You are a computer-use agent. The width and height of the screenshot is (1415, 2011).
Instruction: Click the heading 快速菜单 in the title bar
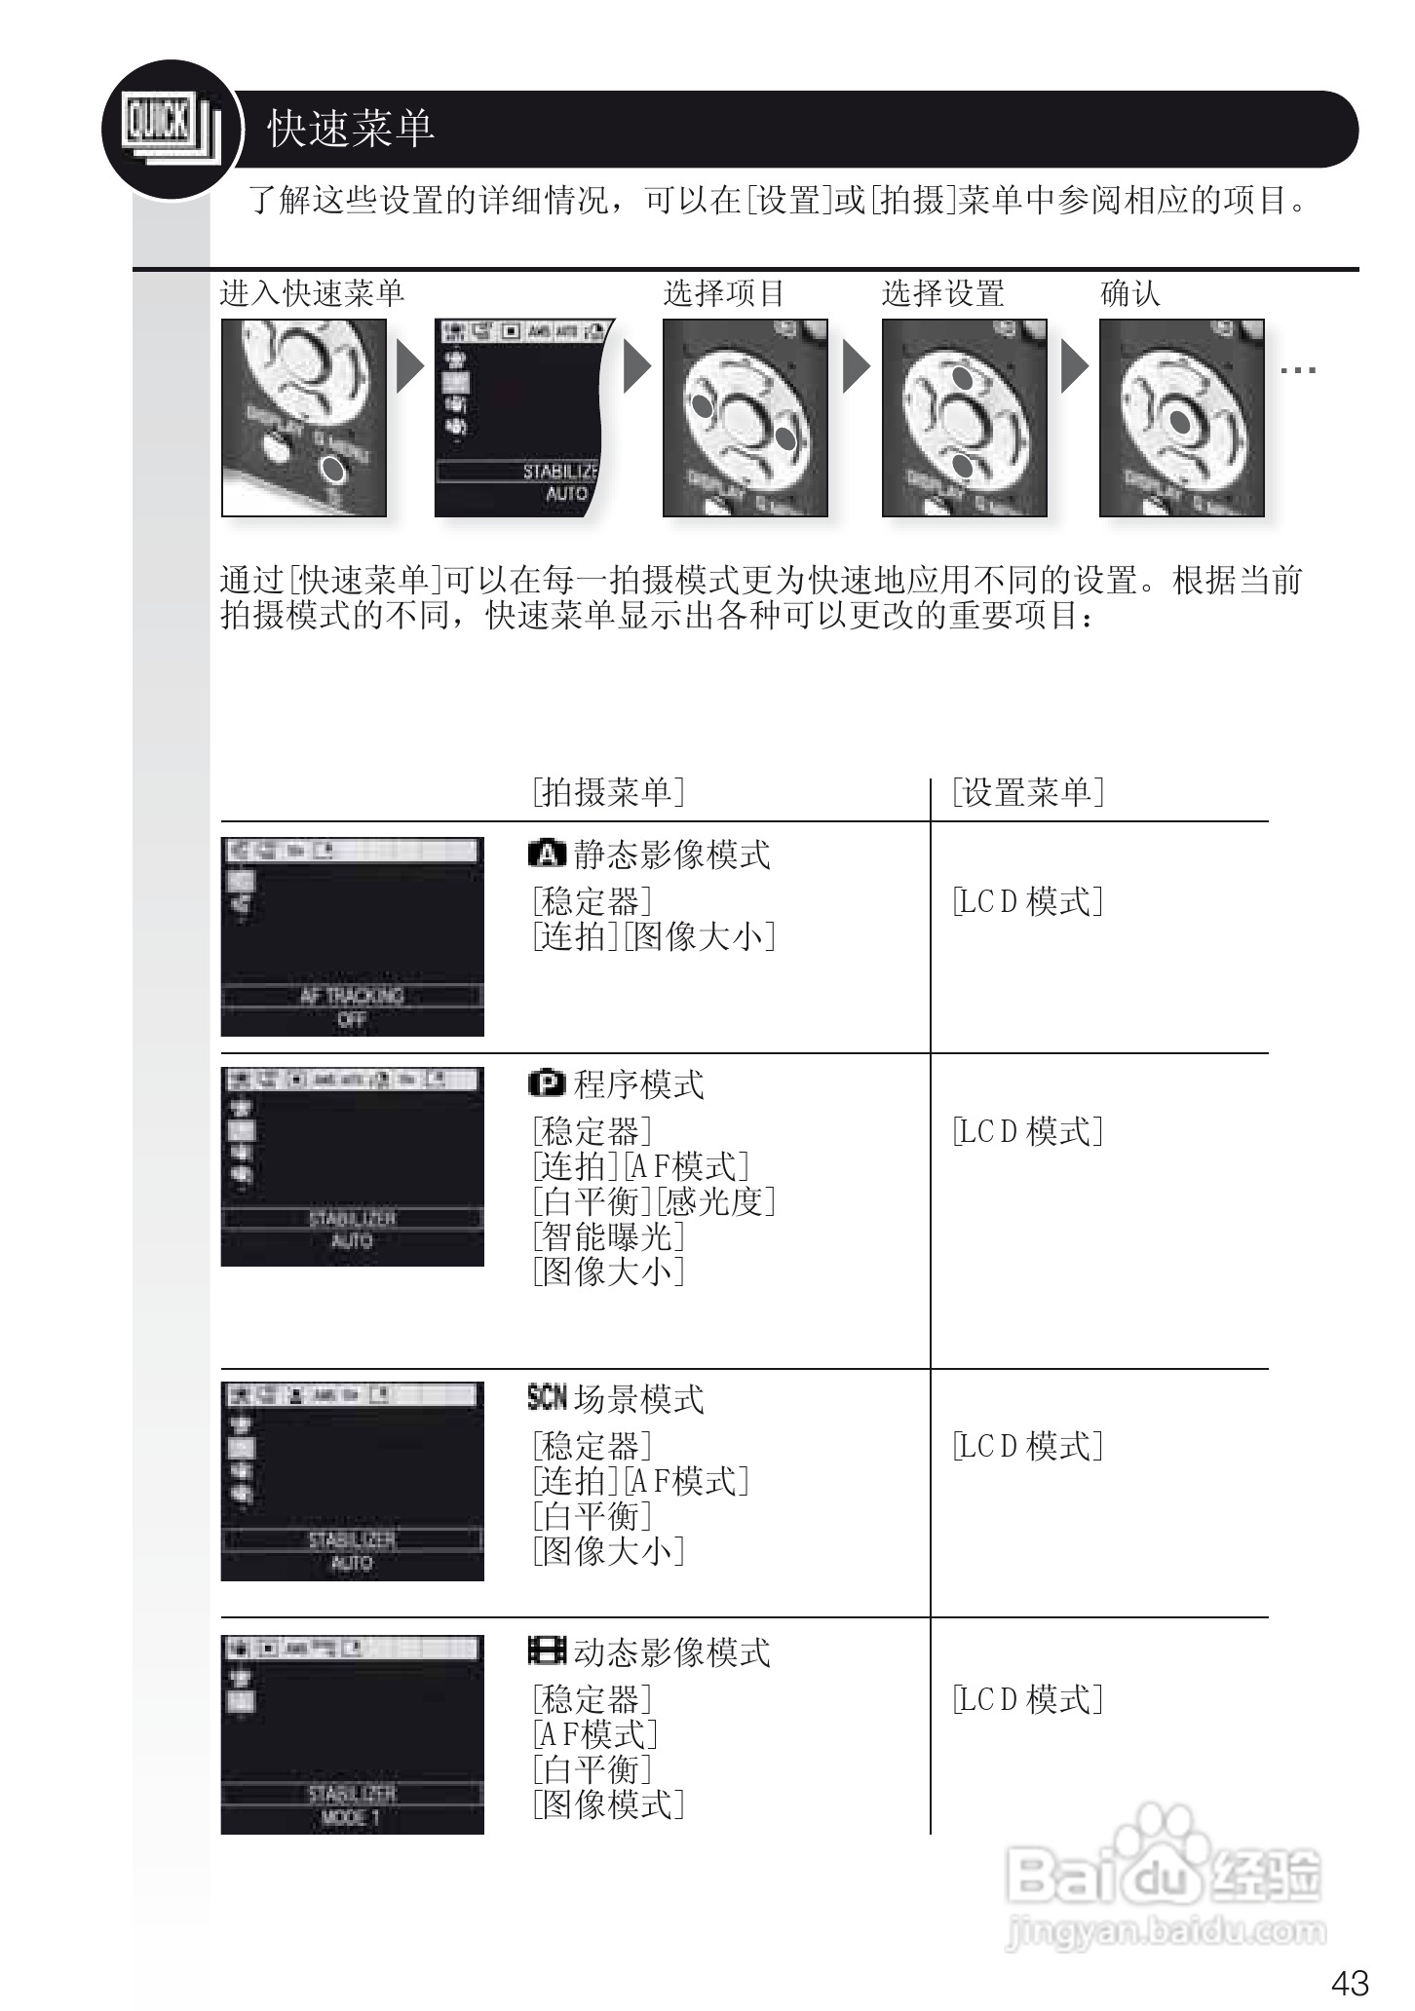tap(351, 129)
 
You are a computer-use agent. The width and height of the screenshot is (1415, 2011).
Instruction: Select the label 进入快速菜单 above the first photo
tap(312, 292)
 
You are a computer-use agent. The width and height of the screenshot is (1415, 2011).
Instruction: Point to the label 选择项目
tap(724, 292)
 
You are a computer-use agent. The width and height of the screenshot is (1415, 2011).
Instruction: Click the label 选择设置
tap(942, 292)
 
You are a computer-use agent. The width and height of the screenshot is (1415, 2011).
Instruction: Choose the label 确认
tap(1130, 292)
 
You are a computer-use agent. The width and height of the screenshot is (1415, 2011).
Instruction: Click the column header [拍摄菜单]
tap(608, 792)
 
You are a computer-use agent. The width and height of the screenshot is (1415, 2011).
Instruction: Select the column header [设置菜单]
tap(1028, 792)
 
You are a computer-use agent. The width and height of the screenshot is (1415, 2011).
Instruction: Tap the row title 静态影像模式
tap(671, 854)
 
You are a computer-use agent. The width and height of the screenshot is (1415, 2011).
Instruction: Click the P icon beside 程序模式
tap(547, 1083)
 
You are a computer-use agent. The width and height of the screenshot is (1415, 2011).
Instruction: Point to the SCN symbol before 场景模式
tap(547, 1398)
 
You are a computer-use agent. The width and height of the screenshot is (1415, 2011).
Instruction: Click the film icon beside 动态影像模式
tap(547, 1651)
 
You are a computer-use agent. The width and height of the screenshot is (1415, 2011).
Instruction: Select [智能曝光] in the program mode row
tap(608, 1236)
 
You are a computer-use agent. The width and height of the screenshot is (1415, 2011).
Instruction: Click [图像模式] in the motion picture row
tap(608, 1804)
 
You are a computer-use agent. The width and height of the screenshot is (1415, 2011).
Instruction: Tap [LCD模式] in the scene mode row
tap(1028, 1446)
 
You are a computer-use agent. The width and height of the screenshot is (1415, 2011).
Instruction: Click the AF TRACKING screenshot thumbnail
tap(352, 936)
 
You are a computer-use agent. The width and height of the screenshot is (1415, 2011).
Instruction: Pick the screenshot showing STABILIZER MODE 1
tap(352, 1735)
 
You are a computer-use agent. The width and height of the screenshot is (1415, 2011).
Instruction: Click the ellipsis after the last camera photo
tap(1298, 370)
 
